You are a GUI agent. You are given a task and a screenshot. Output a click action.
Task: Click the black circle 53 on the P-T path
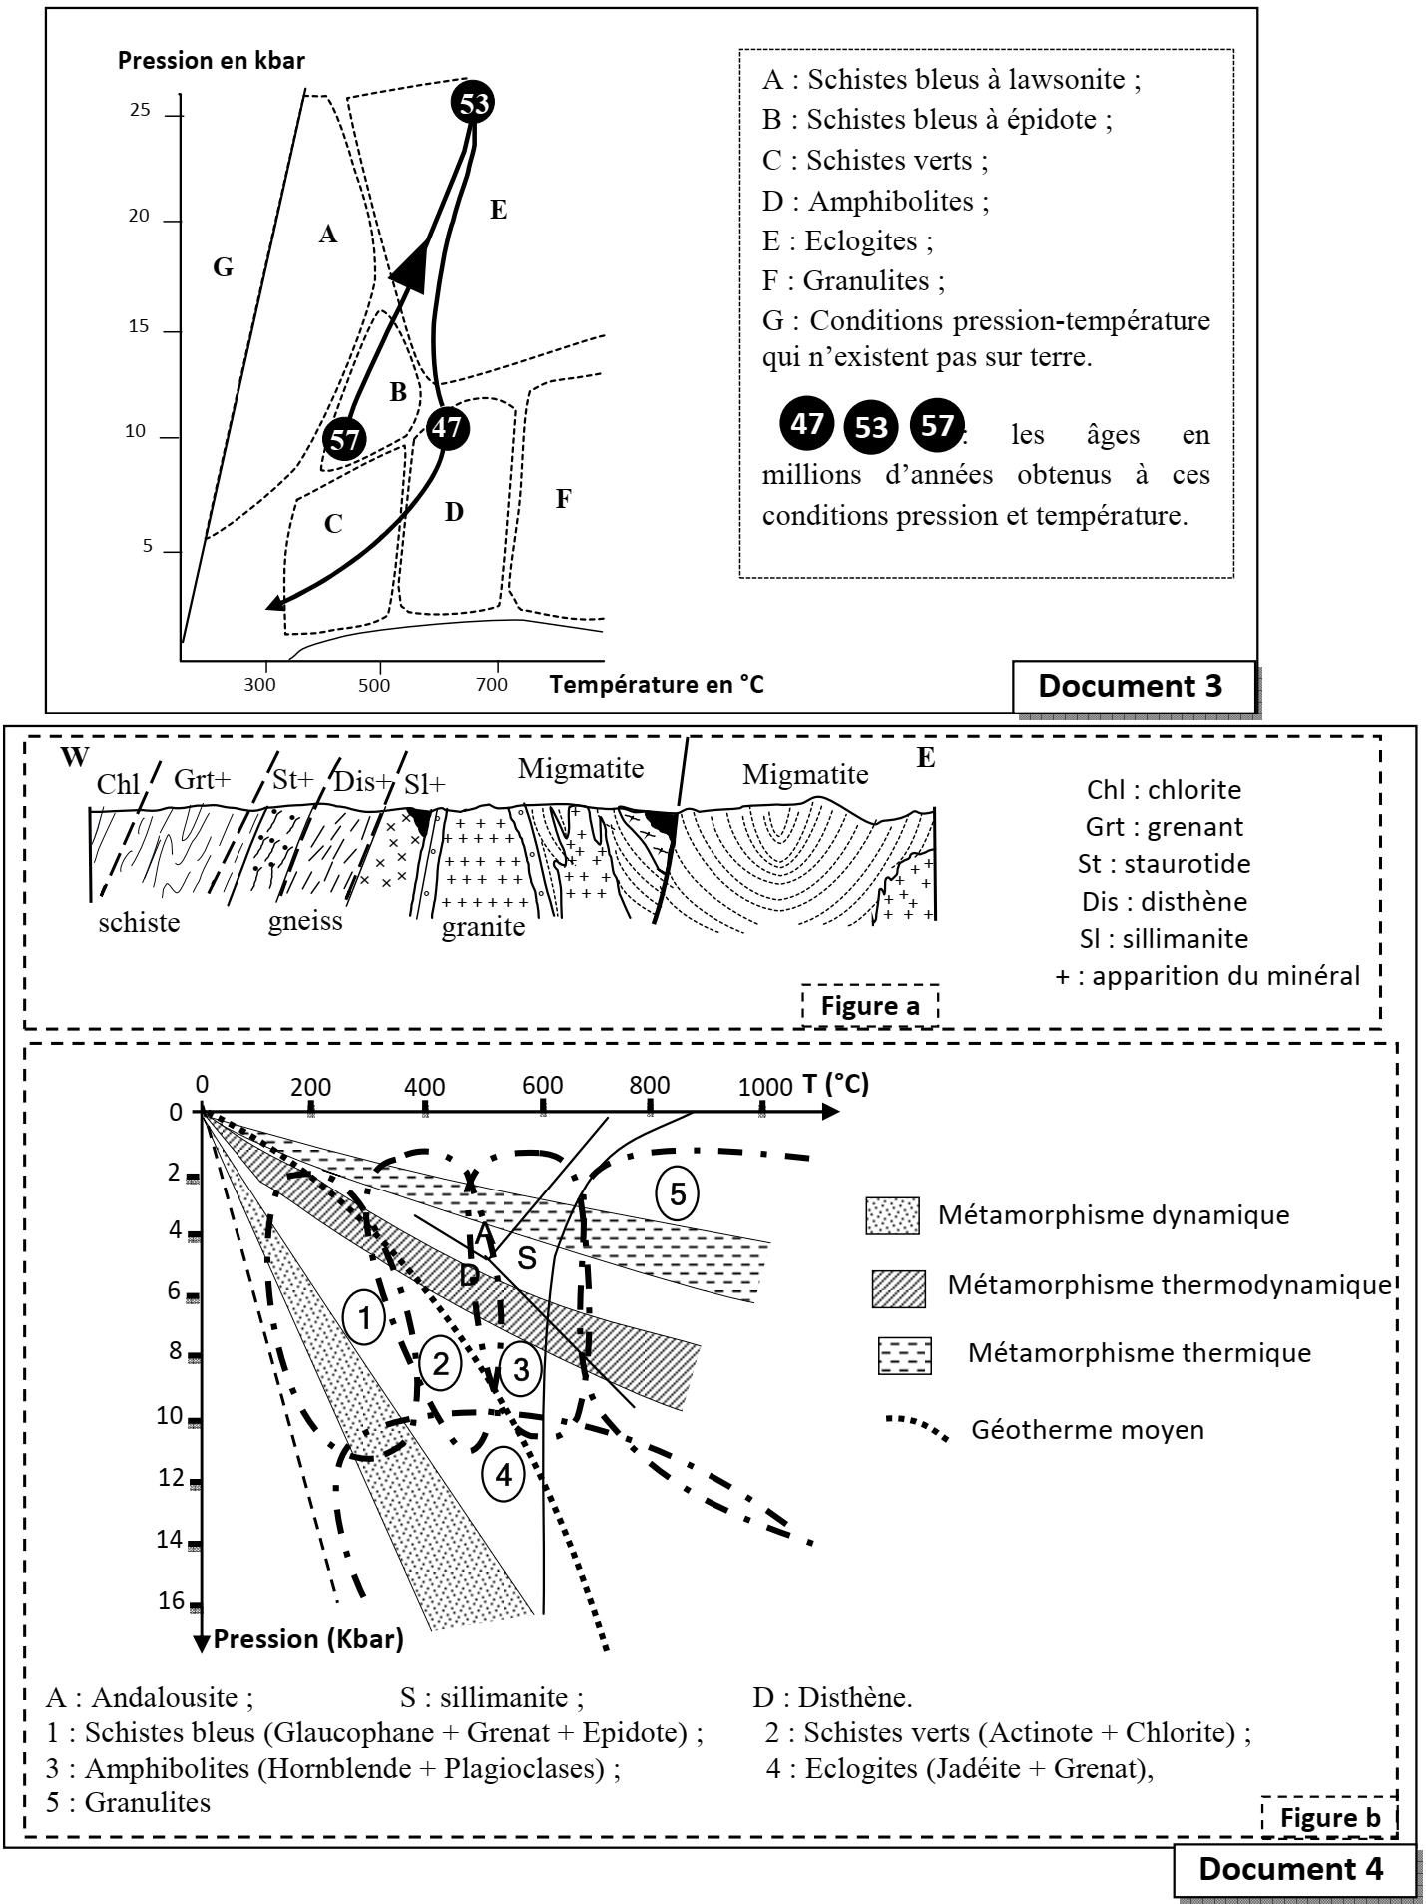coord(473,103)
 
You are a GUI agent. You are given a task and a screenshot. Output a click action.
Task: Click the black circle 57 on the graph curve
coord(344,440)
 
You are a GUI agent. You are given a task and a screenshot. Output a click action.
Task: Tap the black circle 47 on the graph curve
coord(447,428)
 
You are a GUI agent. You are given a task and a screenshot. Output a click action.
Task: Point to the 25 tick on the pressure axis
coord(140,112)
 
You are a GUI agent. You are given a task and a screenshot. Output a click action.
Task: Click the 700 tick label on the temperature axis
coord(491,686)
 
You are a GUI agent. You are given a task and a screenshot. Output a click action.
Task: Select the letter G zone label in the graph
coord(223,267)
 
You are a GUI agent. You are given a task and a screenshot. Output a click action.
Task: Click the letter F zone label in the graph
coord(563,500)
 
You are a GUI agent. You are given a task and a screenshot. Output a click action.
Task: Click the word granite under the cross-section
coord(483,927)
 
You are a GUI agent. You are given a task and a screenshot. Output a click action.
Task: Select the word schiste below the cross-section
coord(140,922)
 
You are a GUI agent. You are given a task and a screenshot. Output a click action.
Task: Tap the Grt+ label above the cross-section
coord(202,780)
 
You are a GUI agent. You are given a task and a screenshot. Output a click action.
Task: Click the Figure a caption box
coord(870,1005)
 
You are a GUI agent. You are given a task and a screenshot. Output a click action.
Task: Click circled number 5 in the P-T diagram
coord(678,1194)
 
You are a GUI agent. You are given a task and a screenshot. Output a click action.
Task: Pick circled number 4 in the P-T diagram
coord(503,1474)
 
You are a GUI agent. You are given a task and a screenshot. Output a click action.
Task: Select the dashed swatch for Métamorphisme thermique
coord(904,1355)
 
